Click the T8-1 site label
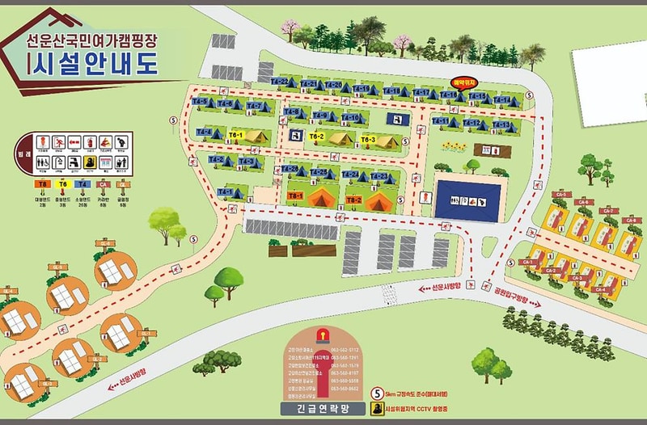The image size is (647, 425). point(295,196)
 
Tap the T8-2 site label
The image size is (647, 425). point(353,199)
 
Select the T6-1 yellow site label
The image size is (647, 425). point(236,133)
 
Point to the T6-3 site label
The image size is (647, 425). point(368,140)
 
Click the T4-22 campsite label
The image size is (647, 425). point(280,82)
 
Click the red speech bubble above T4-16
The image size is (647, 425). point(463,82)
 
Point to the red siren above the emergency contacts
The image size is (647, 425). point(321,334)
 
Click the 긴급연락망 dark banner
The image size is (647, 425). point(322,410)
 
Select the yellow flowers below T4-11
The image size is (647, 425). point(454,148)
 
